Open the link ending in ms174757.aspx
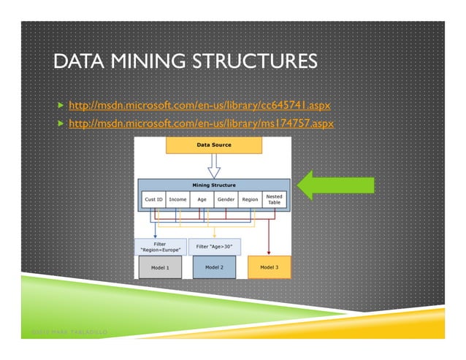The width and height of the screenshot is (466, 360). [x=200, y=123]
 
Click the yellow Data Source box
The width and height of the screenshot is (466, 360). [x=214, y=145]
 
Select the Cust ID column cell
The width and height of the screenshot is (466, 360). [x=153, y=199]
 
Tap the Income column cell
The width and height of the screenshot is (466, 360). [x=177, y=199]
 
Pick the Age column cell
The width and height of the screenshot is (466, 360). [x=202, y=199]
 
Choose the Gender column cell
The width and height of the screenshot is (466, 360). [x=226, y=199]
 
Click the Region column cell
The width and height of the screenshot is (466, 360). [x=250, y=199]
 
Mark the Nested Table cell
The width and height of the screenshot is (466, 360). [x=274, y=199]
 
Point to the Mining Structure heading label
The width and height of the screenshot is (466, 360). [x=214, y=185]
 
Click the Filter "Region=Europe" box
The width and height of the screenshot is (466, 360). [x=159, y=246]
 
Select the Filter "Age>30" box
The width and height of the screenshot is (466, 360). [x=214, y=246]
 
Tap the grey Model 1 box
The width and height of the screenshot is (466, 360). [x=159, y=267]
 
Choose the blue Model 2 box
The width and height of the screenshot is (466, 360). [x=214, y=267]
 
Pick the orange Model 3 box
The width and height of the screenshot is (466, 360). [x=270, y=267]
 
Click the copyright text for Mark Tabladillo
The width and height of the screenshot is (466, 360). [x=70, y=332]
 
